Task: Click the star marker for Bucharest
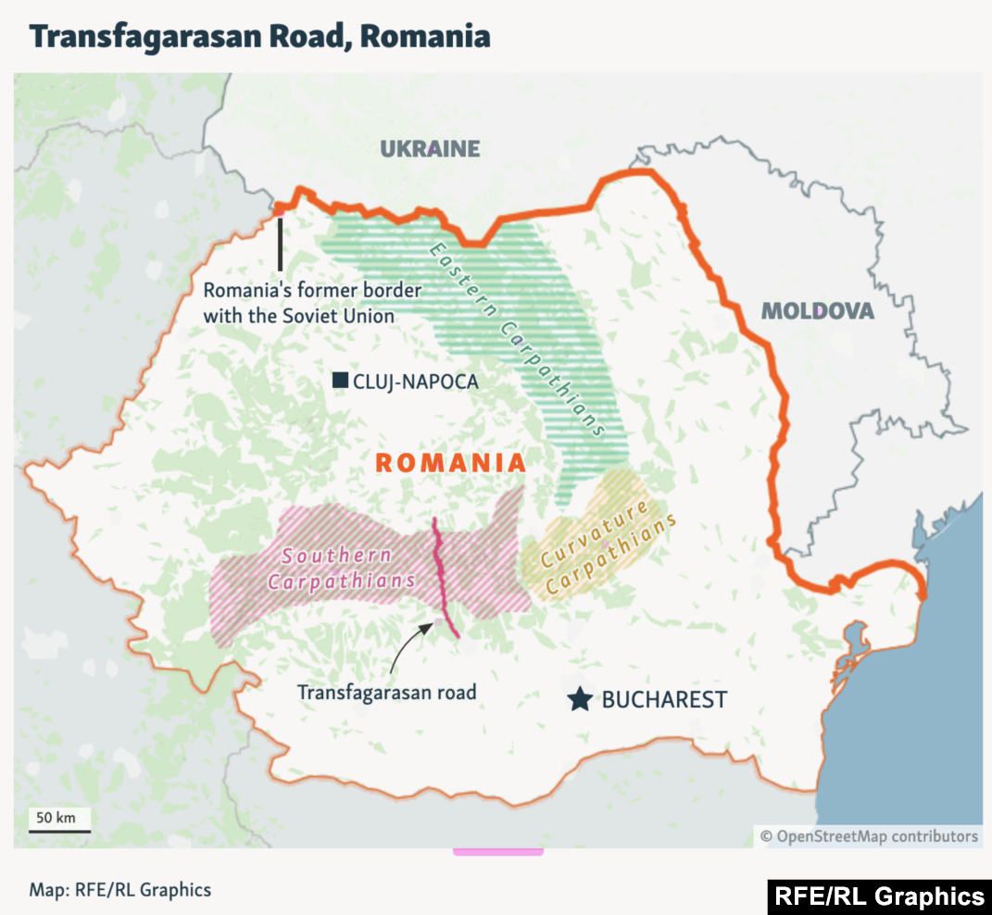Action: [x=581, y=699]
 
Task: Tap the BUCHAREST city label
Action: [x=664, y=700]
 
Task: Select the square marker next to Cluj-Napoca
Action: [x=340, y=380]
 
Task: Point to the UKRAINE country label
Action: [x=430, y=149]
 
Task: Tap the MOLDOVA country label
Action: [x=817, y=311]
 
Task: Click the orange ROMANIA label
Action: [x=450, y=463]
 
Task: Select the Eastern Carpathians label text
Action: [x=515, y=339]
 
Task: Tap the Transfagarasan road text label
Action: [x=386, y=692]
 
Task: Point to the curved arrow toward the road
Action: [x=405, y=647]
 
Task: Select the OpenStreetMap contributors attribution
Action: [x=868, y=836]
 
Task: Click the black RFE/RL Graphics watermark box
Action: [x=878, y=896]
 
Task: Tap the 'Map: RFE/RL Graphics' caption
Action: [x=119, y=890]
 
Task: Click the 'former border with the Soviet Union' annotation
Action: [x=312, y=303]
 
